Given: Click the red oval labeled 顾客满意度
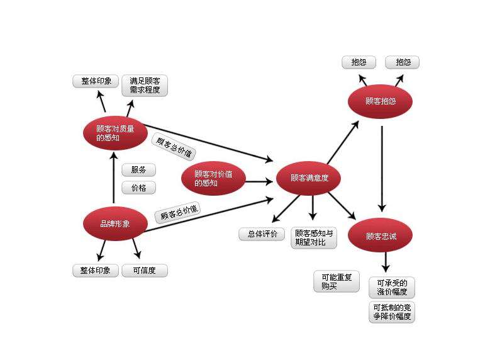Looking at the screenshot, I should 309,179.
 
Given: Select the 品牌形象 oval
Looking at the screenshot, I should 114,223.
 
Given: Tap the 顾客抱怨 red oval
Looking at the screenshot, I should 380,101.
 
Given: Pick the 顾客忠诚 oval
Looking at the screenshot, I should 380,237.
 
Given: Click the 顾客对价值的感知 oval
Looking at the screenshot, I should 213,179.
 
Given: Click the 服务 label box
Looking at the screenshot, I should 138,170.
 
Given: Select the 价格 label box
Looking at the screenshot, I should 138,188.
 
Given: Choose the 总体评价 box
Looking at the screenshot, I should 262,234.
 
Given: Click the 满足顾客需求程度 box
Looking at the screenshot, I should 144,86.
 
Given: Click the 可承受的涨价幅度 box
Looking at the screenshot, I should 392,287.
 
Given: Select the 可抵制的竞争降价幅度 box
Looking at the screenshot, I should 392,312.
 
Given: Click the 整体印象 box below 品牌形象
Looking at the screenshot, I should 96,271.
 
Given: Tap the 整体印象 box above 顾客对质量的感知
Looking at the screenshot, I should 96,81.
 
